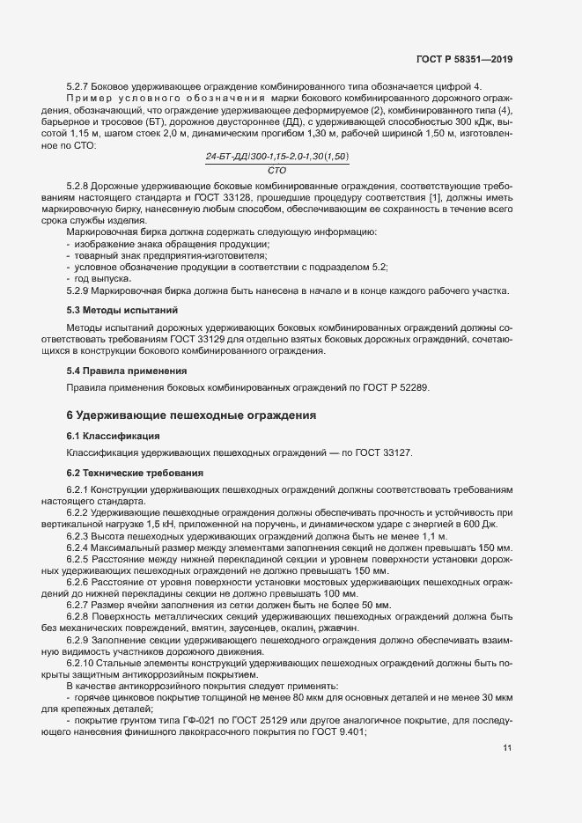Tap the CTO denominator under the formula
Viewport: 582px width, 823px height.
[x=276, y=169]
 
